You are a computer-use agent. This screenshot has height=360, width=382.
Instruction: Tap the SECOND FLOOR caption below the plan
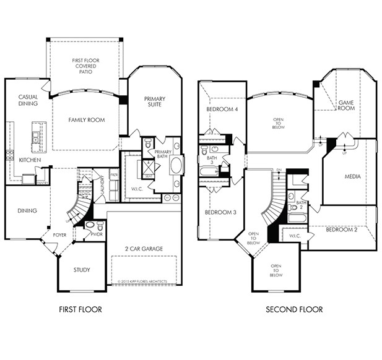294,309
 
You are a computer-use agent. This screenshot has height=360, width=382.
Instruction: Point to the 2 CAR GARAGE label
143,249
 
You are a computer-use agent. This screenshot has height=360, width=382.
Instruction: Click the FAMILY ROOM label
86,120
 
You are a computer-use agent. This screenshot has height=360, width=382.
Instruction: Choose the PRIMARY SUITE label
154,102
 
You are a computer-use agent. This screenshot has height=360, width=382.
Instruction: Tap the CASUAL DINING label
28,100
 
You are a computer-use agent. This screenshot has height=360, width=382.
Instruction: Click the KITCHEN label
30,160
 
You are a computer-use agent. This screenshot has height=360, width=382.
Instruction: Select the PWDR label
97,234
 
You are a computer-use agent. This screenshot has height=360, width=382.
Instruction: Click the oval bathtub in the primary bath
176,166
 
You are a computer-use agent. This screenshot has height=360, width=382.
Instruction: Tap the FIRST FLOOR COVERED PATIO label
85,66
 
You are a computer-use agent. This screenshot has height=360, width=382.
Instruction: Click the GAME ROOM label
346,105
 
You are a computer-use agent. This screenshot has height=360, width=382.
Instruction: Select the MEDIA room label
353,176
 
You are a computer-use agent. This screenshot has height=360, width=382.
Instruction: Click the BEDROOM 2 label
342,229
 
